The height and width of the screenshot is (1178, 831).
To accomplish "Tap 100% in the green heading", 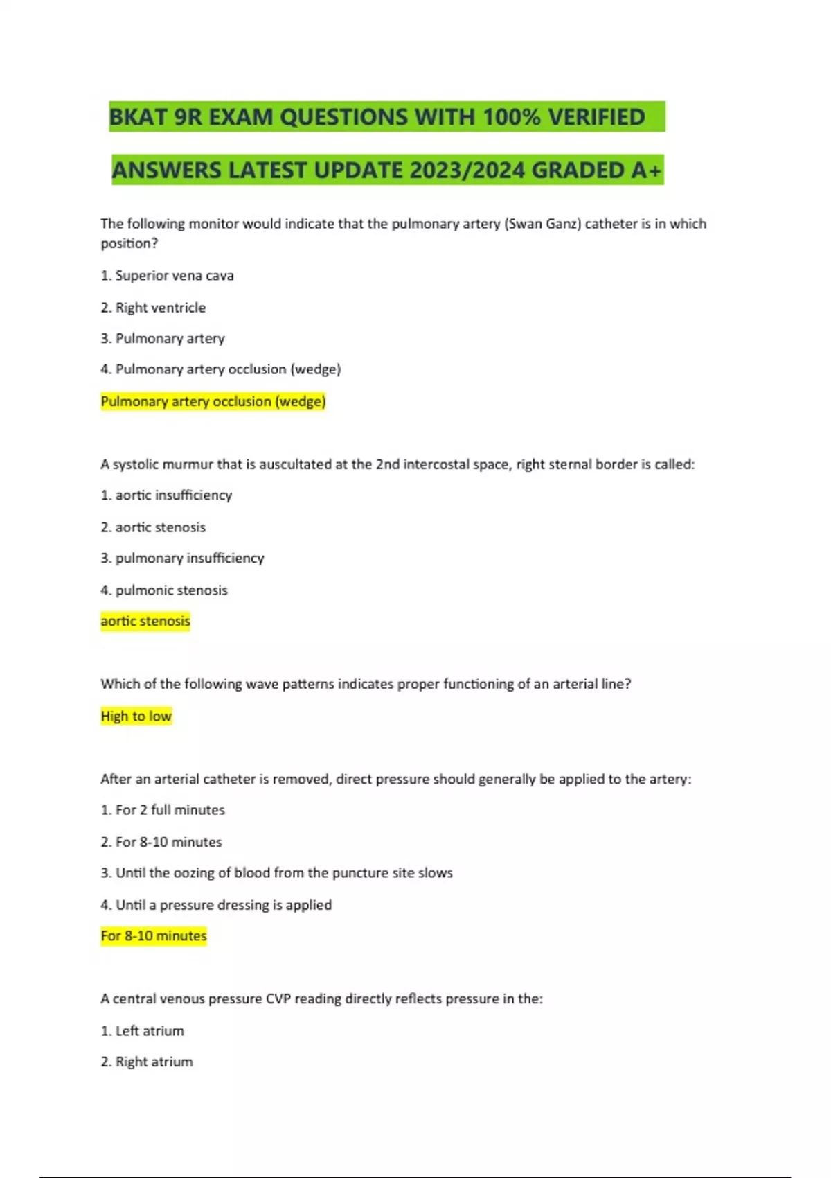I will [x=511, y=116].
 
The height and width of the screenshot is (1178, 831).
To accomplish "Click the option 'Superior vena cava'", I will [x=174, y=276].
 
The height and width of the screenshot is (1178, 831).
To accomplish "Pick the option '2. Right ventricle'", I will [x=153, y=308].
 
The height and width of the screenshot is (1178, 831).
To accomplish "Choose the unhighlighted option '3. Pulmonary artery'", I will [x=163, y=339].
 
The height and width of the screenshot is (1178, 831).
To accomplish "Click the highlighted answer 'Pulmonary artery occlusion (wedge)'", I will [x=213, y=401].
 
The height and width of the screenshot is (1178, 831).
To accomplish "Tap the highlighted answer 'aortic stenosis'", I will [x=145, y=621].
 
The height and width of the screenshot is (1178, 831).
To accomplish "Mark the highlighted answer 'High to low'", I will [x=136, y=716].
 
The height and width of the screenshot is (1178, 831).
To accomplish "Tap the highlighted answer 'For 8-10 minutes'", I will [x=154, y=936].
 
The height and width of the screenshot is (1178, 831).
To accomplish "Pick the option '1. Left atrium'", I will [x=143, y=1031].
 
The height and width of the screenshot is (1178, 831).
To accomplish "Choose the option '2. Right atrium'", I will [x=147, y=1062].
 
